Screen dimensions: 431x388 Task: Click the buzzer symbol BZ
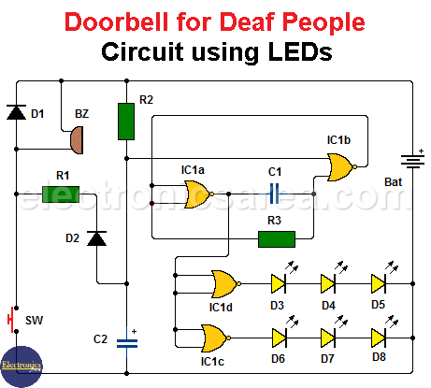click(77, 140)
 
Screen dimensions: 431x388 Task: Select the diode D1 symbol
click(17, 112)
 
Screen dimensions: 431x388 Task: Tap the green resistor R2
click(126, 122)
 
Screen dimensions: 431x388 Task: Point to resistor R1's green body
click(61, 194)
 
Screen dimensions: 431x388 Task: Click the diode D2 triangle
click(96, 238)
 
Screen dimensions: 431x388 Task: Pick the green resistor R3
click(277, 239)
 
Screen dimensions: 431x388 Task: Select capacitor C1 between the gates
click(274, 194)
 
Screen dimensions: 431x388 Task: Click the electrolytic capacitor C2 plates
click(127, 343)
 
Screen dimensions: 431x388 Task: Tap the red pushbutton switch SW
click(10, 320)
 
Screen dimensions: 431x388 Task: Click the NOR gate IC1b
click(341, 167)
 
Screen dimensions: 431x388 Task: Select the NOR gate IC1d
click(226, 284)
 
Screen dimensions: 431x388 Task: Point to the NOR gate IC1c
click(216, 338)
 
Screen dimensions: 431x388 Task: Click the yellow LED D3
click(279, 283)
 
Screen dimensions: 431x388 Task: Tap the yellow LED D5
click(379, 283)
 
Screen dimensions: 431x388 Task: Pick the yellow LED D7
click(328, 338)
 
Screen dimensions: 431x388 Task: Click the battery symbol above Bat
click(412, 161)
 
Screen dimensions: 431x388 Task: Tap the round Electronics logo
click(22, 366)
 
